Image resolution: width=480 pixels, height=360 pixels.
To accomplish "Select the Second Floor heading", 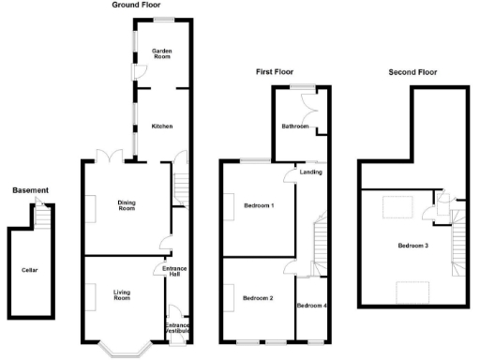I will point(413,71).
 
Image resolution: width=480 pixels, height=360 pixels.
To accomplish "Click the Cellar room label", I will point(30,270).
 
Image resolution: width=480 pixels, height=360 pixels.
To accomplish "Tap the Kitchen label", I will point(162,126).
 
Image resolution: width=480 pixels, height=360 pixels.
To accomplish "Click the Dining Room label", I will point(127,204).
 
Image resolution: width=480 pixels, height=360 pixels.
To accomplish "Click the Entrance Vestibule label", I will point(178,328).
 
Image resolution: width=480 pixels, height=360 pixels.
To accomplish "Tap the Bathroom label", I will point(294,126).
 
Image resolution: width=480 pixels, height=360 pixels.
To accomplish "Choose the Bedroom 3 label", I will point(412,246).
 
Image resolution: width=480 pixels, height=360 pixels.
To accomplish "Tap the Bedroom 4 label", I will point(312,307).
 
